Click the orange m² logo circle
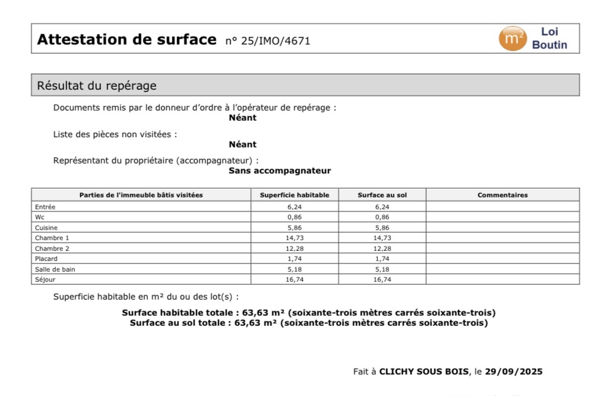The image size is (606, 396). point(512,39)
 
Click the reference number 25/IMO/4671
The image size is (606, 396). point(268,41)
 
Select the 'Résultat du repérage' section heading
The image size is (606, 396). point(97,86)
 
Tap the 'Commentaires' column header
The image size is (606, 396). point(502,195)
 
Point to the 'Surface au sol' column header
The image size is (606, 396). point(382,195)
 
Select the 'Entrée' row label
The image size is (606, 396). point(45,207)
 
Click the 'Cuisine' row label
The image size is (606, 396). point(46,228)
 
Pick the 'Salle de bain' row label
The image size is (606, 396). point(55,269)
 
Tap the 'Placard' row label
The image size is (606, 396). point(46,259)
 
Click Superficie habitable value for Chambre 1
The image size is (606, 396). point(295,238)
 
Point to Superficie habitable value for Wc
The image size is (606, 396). point(295,217)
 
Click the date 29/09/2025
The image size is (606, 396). point(513,372)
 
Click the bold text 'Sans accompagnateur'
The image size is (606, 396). point(279,171)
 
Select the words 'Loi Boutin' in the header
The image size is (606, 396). point(550,39)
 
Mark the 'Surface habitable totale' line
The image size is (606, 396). point(308,313)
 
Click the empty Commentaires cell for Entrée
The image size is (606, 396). point(502,207)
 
